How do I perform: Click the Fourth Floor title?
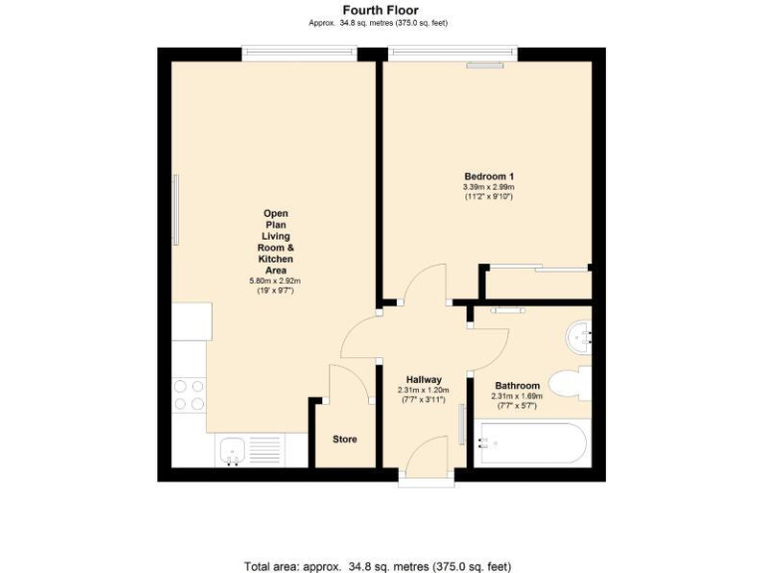[x=382, y=11]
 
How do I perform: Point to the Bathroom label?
[x=517, y=386]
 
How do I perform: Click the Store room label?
[x=344, y=439]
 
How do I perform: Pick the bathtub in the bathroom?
[x=531, y=444]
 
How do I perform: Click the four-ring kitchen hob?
[x=189, y=395]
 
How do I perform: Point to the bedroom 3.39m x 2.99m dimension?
[x=487, y=187]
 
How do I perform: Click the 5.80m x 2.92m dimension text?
[x=275, y=282]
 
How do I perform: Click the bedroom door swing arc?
[x=423, y=288]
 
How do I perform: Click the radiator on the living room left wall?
[x=176, y=210]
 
